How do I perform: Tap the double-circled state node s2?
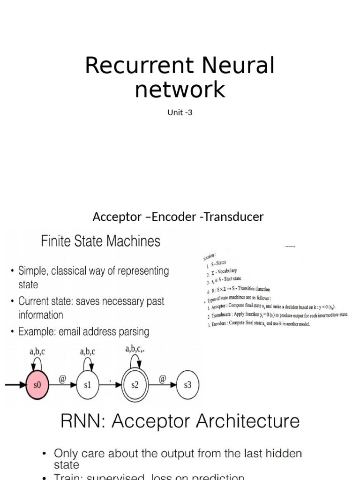pyautogui.click(x=135, y=385)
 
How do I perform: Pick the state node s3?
pyautogui.click(x=187, y=385)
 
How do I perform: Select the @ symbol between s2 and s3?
pyautogui.click(x=162, y=377)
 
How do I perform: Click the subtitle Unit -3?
pyautogui.click(x=180, y=112)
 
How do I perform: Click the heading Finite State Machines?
pyautogui.click(x=101, y=241)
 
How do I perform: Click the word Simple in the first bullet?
pyautogui.click(x=33, y=271)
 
